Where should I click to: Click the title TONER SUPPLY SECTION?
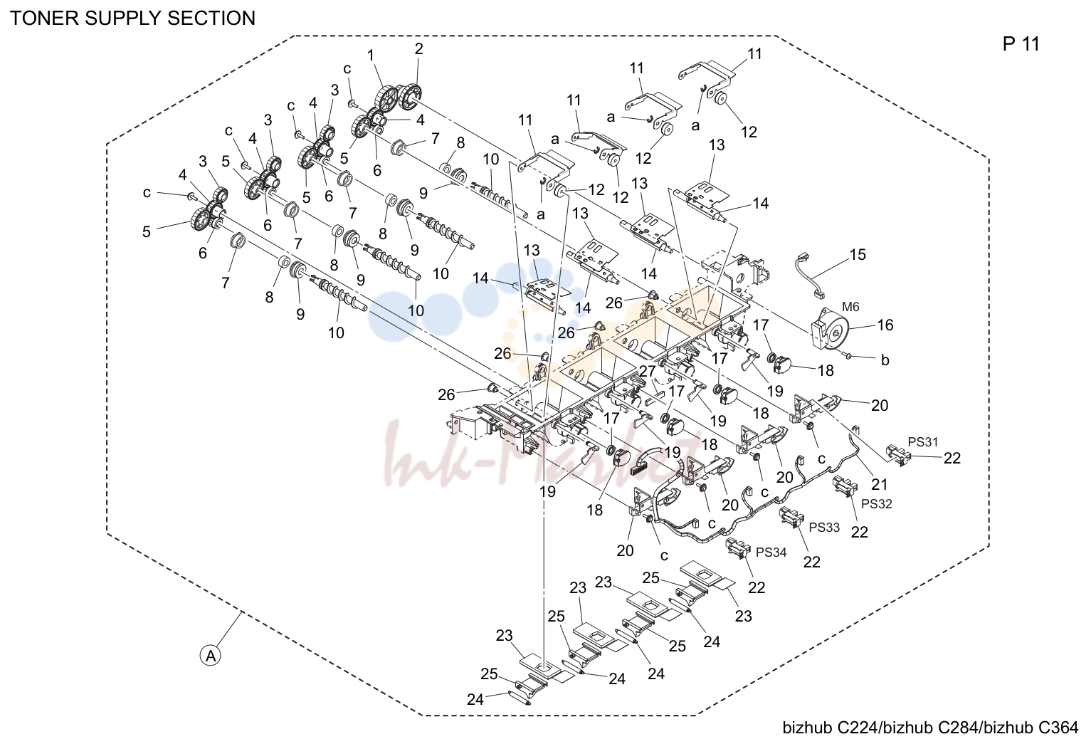tap(132, 19)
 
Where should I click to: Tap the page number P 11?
tap(1021, 44)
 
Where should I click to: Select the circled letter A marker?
tap(211, 656)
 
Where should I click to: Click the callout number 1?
tap(371, 56)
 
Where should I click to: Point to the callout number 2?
tap(419, 48)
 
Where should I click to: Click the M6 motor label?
tap(850, 307)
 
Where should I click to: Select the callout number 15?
tap(858, 254)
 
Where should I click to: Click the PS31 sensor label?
tap(923, 442)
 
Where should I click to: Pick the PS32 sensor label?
tap(877, 504)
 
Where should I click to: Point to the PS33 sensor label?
tap(825, 527)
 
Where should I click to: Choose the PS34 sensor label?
tap(771, 552)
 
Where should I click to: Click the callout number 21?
tap(880, 484)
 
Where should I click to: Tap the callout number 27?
tap(648, 371)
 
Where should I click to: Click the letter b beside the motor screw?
tap(885, 360)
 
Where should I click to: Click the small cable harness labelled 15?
tap(808, 276)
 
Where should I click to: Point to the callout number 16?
tap(885, 325)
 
